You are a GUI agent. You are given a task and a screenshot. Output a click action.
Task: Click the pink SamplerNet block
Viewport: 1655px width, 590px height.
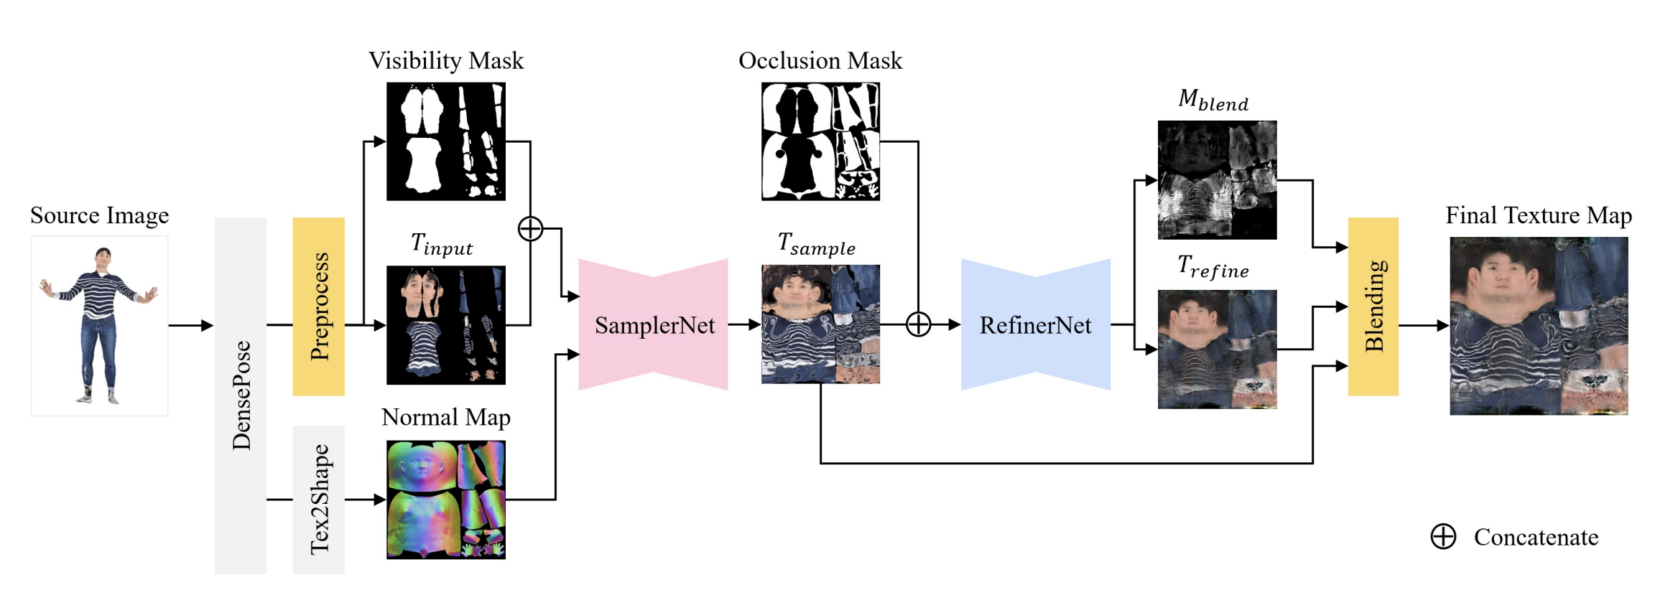click(654, 325)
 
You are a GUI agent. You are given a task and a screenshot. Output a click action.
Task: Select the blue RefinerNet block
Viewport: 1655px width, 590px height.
click(1035, 325)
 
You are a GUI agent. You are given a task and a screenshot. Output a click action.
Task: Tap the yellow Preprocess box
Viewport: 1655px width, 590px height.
click(318, 306)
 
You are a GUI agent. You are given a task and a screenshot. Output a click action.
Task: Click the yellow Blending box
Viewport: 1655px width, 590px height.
click(1373, 306)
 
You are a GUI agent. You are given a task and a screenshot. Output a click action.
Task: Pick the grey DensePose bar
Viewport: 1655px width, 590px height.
click(241, 395)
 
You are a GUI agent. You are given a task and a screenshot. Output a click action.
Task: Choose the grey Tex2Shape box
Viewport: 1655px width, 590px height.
click(318, 500)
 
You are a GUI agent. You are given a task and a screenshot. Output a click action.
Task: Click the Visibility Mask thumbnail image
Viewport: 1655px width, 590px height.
click(446, 141)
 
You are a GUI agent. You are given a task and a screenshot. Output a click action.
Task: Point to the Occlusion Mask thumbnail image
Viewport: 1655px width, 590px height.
click(820, 141)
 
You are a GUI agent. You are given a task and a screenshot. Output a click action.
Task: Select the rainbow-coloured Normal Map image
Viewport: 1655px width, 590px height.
click(446, 500)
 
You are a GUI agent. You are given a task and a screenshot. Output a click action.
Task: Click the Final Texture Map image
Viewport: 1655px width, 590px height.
click(1539, 326)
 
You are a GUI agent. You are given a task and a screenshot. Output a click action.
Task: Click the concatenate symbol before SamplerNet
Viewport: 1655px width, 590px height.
click(530, 229)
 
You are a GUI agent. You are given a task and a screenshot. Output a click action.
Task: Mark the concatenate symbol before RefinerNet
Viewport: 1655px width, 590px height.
click(918, 324)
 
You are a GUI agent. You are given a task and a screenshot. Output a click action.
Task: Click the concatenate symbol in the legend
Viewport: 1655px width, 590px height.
click(1443, 536)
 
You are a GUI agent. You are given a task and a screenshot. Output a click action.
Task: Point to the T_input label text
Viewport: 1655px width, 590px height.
click(442, 245)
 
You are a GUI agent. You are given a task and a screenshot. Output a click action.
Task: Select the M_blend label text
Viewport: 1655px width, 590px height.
click(1213, 100)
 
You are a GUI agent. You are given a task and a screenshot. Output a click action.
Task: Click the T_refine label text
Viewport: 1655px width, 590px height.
click(1213, 267)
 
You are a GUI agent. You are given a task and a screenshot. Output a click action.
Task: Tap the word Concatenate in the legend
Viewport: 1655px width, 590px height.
click(1536, 537)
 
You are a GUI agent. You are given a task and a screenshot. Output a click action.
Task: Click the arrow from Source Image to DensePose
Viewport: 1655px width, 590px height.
click(191, 325)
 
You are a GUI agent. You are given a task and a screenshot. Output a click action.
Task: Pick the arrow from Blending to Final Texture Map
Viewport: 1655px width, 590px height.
click(1423, 325)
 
